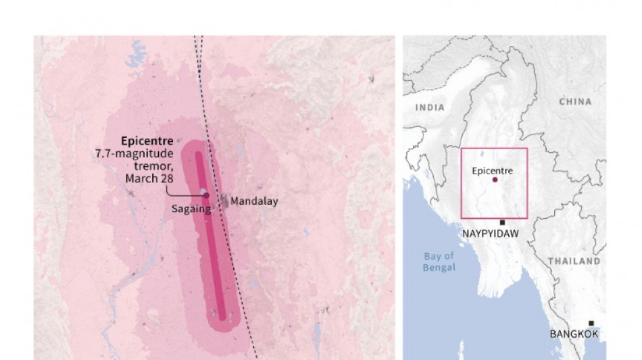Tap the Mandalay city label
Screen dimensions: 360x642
[254, 201]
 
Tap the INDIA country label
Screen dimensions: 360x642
[430, 107]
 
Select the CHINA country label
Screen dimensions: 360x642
[575, 101]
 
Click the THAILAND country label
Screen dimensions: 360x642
[574, 261]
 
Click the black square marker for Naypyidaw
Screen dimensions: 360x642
[502, 222]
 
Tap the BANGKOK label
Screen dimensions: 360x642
[574, 334]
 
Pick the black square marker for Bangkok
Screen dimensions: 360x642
[591, 324]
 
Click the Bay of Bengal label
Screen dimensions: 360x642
[440, 261]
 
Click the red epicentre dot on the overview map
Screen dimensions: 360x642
[495, 180]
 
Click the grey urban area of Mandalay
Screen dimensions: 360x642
[223, 200]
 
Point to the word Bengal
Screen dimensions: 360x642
[440, 267]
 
